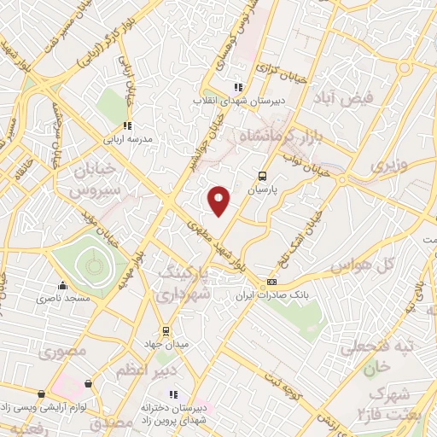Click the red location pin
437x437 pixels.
pos(218,200)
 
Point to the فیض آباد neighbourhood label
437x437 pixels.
pos(346,98)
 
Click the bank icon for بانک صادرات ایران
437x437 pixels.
pos(271,282)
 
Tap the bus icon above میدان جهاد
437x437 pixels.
pos(166,330)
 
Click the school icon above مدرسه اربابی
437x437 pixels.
pos(127,126)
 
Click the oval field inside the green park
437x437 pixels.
pos(87,268)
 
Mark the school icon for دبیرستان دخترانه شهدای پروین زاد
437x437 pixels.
pos(173,394)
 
